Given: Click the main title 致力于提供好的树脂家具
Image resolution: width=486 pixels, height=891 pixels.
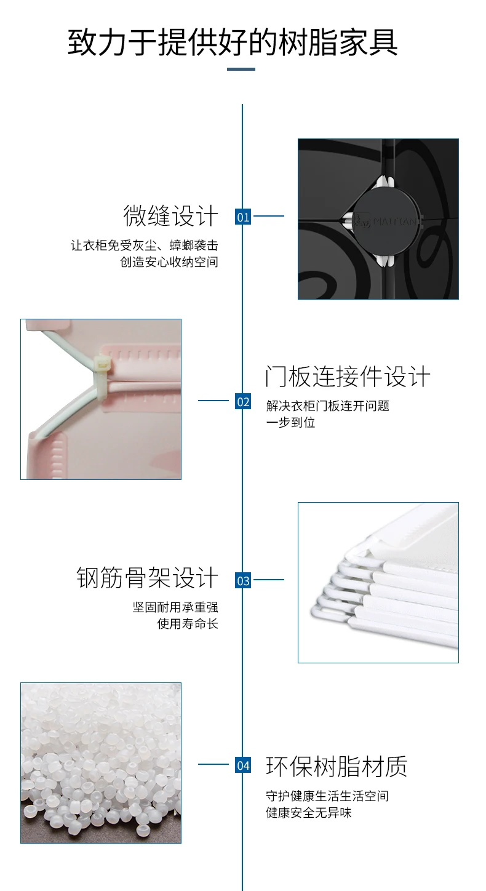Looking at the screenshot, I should (233, 42).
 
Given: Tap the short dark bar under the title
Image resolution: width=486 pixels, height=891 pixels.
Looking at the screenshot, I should (241, 69).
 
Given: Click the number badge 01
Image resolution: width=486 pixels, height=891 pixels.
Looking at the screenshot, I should (244, 217).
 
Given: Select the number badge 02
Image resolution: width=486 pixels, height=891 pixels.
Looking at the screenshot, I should (244, 402).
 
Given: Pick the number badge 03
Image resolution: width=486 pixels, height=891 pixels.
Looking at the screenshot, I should (244, 580).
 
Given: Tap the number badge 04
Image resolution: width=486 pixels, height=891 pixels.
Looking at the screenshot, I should (244, 765).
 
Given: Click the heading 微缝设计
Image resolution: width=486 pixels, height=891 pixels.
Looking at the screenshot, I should (170, 216).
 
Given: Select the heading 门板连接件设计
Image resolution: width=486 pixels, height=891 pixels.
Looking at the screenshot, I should (348, 377).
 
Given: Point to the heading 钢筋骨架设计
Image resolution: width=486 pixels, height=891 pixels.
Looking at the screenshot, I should (147, 578).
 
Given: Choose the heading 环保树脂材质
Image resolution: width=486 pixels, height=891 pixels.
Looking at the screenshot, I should (337, 766).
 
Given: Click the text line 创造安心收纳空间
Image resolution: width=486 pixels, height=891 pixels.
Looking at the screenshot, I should (169, 262).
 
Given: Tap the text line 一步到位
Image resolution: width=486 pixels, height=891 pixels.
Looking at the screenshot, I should (290, 423).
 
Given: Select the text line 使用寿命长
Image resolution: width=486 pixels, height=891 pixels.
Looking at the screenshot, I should (188, 623).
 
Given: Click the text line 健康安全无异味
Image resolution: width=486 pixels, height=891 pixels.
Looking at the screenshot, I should (309, 812).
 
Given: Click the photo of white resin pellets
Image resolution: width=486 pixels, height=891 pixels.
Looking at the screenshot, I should (101, 762).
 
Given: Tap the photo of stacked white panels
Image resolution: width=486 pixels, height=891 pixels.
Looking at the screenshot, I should (378, 582).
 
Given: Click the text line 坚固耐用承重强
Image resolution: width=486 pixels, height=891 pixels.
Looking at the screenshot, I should (175, 607).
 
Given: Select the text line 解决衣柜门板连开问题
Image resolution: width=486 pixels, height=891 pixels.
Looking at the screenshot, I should (327, 406).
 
